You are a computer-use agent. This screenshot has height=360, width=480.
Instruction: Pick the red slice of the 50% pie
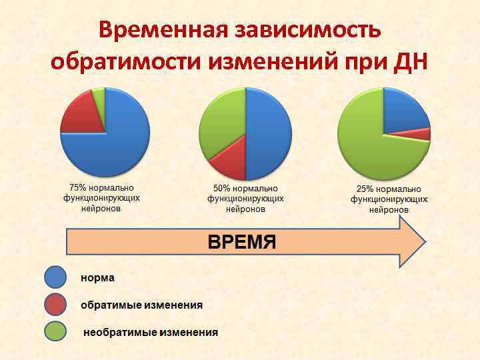point(230,163)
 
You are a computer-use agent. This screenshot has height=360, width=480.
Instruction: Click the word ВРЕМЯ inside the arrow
point(242,241)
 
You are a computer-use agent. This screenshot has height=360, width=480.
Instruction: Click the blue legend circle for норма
point(55,277)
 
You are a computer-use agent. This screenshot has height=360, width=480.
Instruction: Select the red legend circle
point(55,305)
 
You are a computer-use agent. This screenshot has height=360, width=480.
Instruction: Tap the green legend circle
point(55,332)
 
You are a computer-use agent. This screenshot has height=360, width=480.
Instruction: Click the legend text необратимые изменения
point(151,332)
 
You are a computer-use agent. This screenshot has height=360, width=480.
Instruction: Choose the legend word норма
point(98,277)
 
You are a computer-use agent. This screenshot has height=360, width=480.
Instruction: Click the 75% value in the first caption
point(78,188)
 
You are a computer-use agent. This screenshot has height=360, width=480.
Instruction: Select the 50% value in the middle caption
point(222,189)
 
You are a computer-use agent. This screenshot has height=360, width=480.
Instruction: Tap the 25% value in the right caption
point(366,189)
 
